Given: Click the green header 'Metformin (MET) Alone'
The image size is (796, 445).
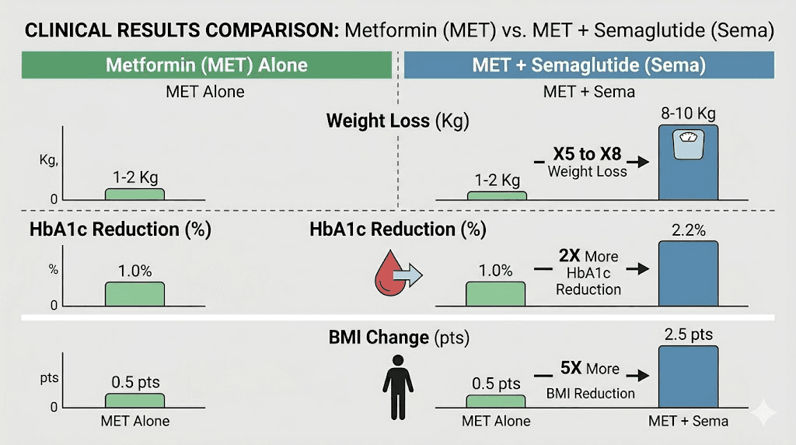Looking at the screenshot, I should coord(206,65).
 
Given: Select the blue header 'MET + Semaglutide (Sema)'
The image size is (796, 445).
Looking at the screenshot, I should coord(588,65).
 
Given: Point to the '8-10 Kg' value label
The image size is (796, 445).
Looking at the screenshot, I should coord(688,114).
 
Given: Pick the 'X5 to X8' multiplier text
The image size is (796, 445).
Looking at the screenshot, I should coord(587,154).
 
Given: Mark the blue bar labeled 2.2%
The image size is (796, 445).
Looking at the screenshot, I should coord(688,272).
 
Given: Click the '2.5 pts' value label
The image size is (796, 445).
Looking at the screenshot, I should coord(688,335).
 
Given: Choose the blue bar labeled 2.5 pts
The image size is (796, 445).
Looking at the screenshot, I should coord(688,377).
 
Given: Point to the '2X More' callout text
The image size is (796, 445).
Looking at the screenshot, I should coord(588,257).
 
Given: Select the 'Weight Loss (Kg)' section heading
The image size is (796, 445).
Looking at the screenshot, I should coord(397,121).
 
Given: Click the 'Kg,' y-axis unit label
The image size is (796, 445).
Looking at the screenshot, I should coord(49,160).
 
